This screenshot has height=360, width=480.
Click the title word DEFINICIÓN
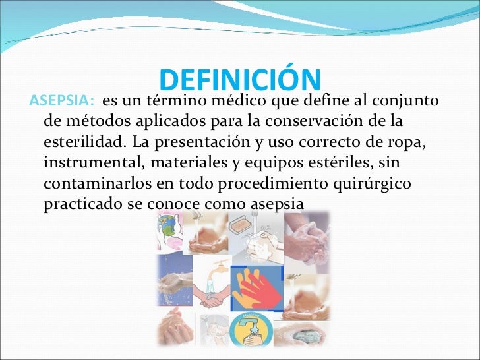pos(240,80)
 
